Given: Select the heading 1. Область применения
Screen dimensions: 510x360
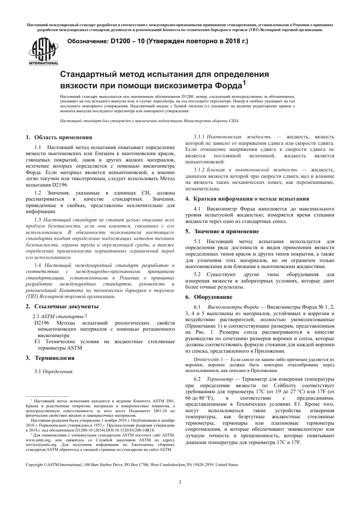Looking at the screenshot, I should [x=59, y=137].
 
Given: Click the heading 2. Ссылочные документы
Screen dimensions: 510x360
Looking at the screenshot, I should [x=62, y=306].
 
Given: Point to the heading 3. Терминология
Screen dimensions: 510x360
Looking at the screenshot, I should [x=50, y=358].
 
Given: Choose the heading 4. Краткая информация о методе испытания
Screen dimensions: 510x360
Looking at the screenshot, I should [x=247, y=199].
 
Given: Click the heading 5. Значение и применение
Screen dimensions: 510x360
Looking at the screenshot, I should [x=222, y=231].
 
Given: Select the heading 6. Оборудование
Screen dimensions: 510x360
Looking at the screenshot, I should [x=209, y=297].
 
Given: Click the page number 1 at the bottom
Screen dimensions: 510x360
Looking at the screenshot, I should [x=180, y=482].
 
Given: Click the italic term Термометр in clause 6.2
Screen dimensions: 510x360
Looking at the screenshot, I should [x=219, y=379].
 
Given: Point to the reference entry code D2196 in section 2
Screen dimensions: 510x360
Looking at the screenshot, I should [x=42, y=323].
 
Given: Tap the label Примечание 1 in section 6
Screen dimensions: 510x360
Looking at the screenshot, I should [x=208, y=359].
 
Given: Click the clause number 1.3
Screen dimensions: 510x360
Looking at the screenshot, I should [x=38, y=220].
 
